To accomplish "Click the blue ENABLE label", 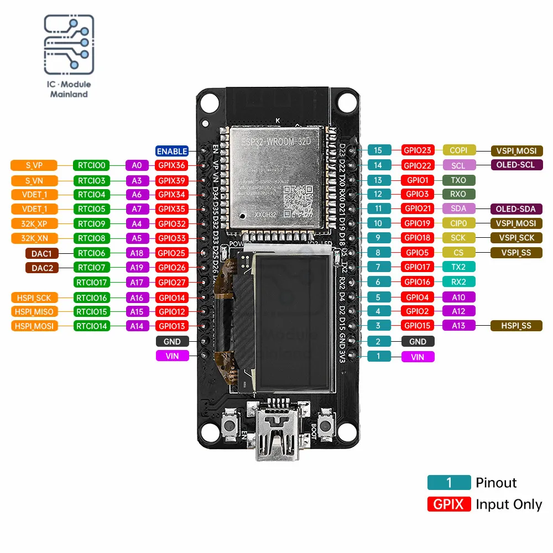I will [x=172, y=151].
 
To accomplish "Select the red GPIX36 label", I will [x=171, y=165].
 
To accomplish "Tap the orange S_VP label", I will [x=34, y=165].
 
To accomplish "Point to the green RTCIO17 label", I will [x=92, y=283].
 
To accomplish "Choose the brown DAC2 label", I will [x=41, y=268].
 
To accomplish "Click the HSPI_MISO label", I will [x=34, y=312].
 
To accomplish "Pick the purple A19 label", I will [x=137, y=268].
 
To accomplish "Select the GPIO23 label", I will [x=418, y=150].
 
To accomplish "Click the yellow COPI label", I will [x=458, y=150].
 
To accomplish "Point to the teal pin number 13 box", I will [x=378, y=180].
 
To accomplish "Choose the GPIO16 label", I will [x=418, y=282].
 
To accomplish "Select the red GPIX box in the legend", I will [x=448, y=504].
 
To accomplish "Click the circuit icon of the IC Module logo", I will [x=69, y=45].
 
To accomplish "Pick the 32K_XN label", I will [x=34, y=238].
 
